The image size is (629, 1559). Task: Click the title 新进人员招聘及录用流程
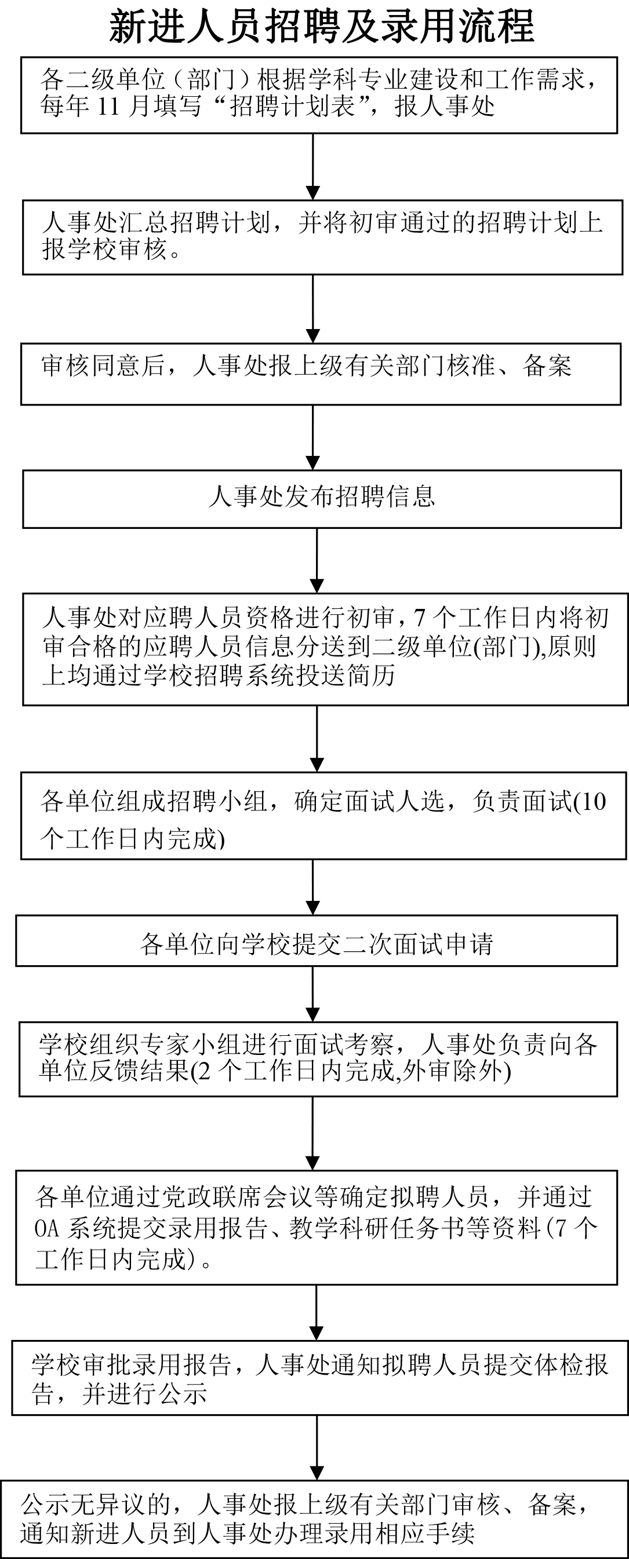(x=322, y=27)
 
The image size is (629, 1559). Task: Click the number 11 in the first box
(x=108, y=107)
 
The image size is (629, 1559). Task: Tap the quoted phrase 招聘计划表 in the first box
(x=292, y=107)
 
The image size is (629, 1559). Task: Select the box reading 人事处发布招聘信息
(x=322, y=499)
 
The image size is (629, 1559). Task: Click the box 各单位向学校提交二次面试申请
(x=317, y=940)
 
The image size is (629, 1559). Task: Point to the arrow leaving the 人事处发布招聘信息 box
(x=317, y=560)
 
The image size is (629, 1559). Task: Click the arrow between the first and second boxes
(x=313, y=166)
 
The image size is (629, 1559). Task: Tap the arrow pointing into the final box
(x=317, y=1448)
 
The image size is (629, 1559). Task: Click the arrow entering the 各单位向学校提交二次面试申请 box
(x=313, y=887)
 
